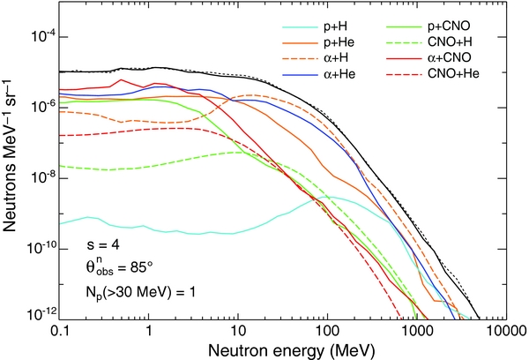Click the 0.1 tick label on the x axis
click(x=58, y=328)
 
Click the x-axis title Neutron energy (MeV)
click(x=280, y=348)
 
